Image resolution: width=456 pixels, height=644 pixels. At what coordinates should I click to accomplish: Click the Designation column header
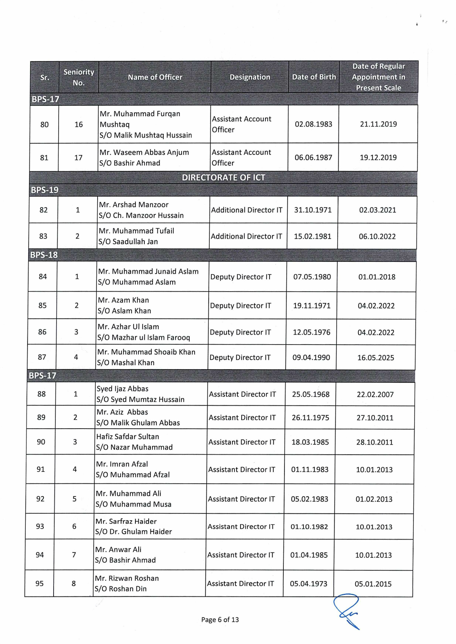[x=250, y=77]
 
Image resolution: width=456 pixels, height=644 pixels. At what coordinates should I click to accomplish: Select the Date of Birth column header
[x=314, y=77]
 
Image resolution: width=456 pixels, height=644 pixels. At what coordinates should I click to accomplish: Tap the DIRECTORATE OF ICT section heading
[x=223, y=178]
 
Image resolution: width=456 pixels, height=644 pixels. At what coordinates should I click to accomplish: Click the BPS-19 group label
[x=45, y=190]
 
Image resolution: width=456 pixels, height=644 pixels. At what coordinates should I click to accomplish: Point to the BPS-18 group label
[x=44, y=255]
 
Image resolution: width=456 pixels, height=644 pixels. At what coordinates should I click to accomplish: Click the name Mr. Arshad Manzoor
[x=134, y=205]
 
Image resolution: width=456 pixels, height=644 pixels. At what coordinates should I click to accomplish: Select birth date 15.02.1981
[x=312, y=236]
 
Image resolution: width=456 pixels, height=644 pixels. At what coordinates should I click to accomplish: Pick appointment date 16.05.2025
[x=376, y=358]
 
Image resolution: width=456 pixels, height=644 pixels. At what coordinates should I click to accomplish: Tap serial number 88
[x=41, y=394]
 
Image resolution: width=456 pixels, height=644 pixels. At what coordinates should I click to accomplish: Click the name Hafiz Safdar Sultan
[x=128, y=436]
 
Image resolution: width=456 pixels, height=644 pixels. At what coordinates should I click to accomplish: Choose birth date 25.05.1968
[x=311, y=394]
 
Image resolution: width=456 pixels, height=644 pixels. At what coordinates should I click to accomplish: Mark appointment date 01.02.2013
[x=374, y=499]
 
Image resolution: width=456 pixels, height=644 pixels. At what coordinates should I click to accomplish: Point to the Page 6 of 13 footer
[x=220, y=620]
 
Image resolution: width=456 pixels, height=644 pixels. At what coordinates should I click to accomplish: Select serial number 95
[x=39, y=584]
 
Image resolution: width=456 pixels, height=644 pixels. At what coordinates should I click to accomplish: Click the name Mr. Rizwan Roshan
[x=127, y=578]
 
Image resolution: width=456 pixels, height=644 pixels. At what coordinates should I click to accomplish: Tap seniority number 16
[x=79, y=125]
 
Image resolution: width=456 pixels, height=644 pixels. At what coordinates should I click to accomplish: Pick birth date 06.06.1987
[x=313, y=157]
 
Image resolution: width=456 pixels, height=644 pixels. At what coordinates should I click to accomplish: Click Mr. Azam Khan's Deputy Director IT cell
[x=241, y=306]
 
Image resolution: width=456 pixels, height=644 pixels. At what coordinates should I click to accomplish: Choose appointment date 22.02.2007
[x=375, y=395]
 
